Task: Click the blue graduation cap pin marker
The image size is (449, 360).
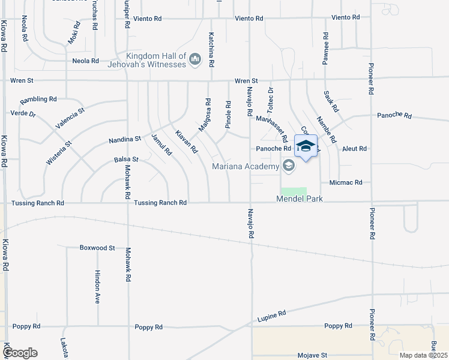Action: (x=306, y=147)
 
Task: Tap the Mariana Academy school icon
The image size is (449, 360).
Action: (x=289, y=166)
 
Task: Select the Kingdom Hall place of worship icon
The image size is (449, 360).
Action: (x=194, y=59)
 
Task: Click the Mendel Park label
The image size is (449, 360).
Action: (x=300, y=199)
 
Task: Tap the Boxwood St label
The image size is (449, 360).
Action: (x=97, y=247)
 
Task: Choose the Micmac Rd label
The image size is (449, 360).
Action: (x=345, y=182)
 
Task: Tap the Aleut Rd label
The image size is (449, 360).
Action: (x=354, y=148)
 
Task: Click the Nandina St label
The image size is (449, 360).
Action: (x=125, y=139)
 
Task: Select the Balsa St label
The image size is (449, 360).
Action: (x=126, y=160)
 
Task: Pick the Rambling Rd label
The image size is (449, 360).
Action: (x=38, y=99)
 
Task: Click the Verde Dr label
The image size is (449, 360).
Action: (x=23, y=113)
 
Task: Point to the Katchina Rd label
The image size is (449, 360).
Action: (x=211, y=49)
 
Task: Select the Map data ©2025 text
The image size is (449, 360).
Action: (x=423, y=355)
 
